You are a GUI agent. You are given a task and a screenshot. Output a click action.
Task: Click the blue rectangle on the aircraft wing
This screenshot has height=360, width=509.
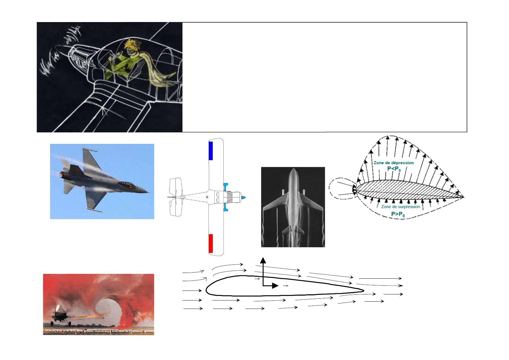tap(211, 151)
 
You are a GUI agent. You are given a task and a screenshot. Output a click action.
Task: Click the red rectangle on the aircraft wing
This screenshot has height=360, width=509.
tap(211, 243)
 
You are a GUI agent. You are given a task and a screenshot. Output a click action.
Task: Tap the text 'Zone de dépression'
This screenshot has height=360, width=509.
tap(394, 163)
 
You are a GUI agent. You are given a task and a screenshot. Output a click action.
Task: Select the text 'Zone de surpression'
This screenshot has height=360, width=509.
tap(400, 206)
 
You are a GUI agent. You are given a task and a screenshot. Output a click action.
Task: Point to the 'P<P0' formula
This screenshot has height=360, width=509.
tap(394, 169)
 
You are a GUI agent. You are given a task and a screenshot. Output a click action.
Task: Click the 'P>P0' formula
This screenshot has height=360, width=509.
tap(398, 214)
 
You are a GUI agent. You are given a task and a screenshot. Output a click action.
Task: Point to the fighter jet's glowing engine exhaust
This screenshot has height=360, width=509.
tap(62, 174)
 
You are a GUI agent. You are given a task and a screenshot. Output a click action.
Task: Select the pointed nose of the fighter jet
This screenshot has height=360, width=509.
tap(148, 192)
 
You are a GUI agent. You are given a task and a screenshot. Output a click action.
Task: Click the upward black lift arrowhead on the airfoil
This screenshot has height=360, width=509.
tap(263, 260)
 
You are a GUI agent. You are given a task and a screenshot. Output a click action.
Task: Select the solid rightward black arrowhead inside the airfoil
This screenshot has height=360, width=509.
tap(275, 286)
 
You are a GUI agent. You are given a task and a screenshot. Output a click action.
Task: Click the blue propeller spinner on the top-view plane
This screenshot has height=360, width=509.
tap(243, 197)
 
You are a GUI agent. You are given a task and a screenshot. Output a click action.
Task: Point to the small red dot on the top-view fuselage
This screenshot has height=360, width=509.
tap(207, 197)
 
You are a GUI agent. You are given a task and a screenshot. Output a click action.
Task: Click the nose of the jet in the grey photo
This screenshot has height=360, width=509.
tap(293, 169)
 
